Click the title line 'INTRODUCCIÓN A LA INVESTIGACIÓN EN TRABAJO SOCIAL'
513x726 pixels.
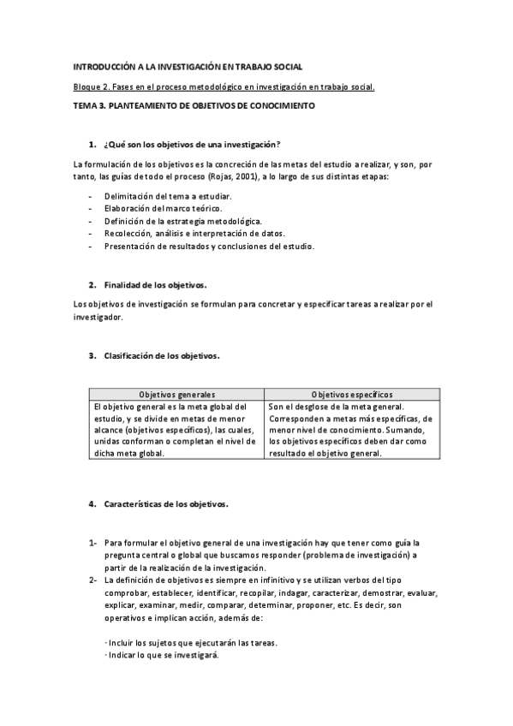(x=188, y=65)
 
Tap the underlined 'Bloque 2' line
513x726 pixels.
(x=224, y=86)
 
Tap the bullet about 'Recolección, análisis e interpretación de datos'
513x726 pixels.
(x=195, y=234)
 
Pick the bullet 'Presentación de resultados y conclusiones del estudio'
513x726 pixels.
(x=209, y=247)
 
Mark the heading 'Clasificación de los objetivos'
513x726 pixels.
(x=162, y=354)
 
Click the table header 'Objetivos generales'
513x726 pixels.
(x=176, y=394)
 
